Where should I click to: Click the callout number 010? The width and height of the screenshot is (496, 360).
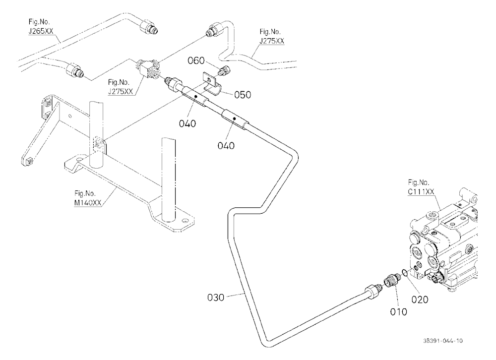(x=398, y=312)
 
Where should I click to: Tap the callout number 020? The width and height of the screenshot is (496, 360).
(x=420, y=300)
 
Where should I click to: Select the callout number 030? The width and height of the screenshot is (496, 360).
(x=216, y=298)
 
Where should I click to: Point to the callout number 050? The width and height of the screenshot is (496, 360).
(x=243, y=95)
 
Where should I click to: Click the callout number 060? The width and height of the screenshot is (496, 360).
(x=196, y=60)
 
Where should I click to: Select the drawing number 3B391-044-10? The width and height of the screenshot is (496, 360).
(x=443, y=341)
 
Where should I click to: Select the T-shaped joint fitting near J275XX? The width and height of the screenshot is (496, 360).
(x=148, y=67)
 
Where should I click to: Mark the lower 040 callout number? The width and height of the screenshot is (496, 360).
(x=226, y=145)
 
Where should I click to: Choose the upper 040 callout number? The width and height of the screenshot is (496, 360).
(x=187, y=123)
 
